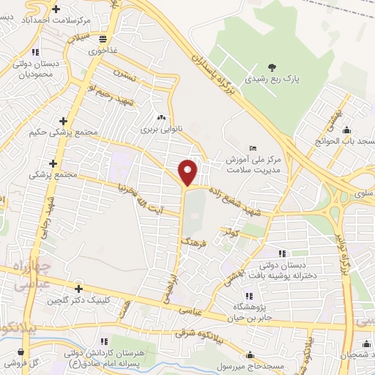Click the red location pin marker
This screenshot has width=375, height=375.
[x=188, y=172]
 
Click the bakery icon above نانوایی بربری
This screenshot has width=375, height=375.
[x=160, y=116]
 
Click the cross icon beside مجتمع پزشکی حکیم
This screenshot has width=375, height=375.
[x=64, y=121]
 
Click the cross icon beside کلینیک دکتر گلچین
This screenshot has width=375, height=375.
[x=78, y=289]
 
